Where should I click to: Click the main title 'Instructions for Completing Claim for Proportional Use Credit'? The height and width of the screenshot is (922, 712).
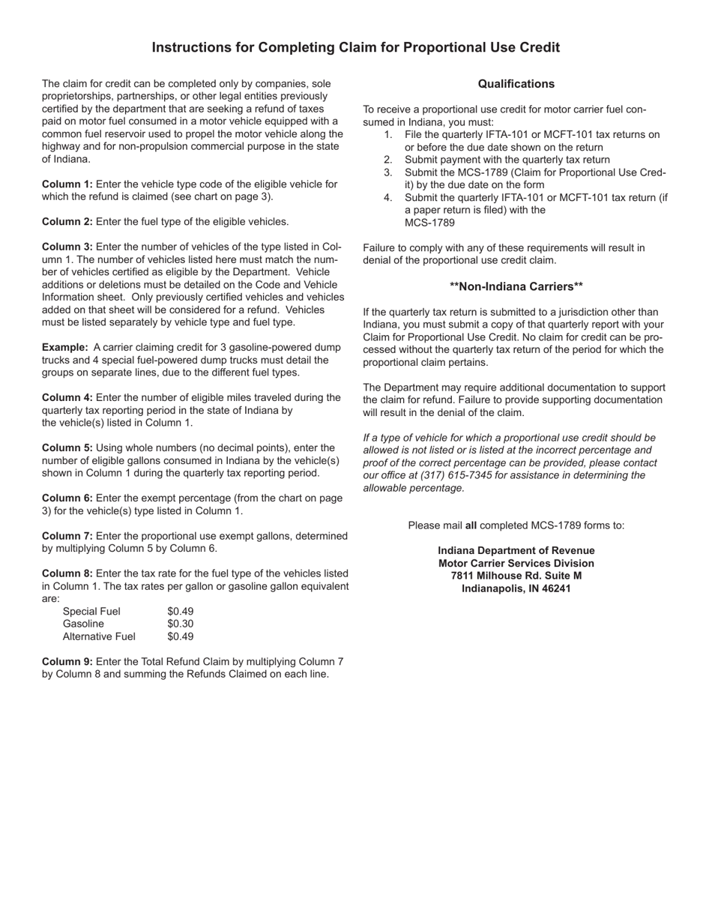[355, 48]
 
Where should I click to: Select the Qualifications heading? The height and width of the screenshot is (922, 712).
[516, 84]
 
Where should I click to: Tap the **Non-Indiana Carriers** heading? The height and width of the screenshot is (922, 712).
[516, 286]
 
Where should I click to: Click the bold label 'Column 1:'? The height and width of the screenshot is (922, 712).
[67, 184]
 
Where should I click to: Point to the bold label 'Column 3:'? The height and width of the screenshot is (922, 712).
[67, 247]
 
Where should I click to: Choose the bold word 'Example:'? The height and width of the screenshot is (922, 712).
[65, 348]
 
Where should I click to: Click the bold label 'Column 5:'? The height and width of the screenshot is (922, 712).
[67, 448]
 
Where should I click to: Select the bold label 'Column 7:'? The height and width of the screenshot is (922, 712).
[67, 536]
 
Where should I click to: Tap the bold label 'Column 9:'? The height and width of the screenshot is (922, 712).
[67, 661]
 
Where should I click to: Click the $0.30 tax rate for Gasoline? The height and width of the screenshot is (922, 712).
[180, 624]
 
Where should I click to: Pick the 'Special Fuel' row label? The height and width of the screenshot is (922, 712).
[91, 611]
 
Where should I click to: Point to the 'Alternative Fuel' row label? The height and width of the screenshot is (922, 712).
[99, 636]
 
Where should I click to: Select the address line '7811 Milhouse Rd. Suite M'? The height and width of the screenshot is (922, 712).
[516, 576]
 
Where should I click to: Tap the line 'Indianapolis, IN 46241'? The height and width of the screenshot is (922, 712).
[516, 588]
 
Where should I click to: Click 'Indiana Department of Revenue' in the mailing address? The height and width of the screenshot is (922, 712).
[516, 550]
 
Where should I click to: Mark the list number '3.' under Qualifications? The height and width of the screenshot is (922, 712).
[388, 172]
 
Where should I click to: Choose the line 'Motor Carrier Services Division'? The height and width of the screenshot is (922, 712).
[516, 563]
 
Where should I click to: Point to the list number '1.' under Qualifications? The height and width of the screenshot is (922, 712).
[388, 135]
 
